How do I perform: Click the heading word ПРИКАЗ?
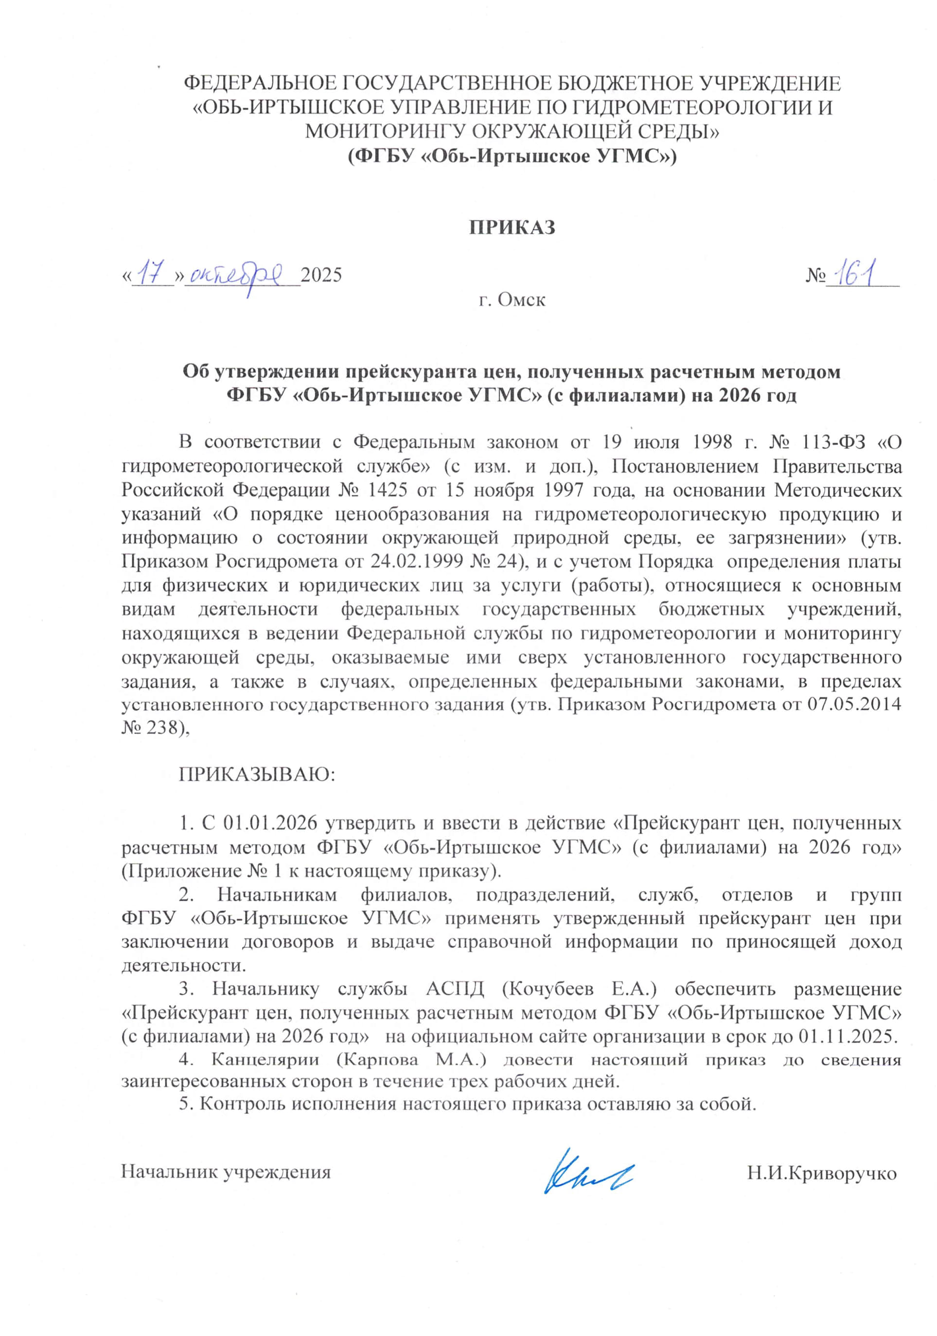(x=512, y=227)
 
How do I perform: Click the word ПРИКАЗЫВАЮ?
(x=257, y=774)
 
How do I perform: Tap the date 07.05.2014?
(x=854, y=704)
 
